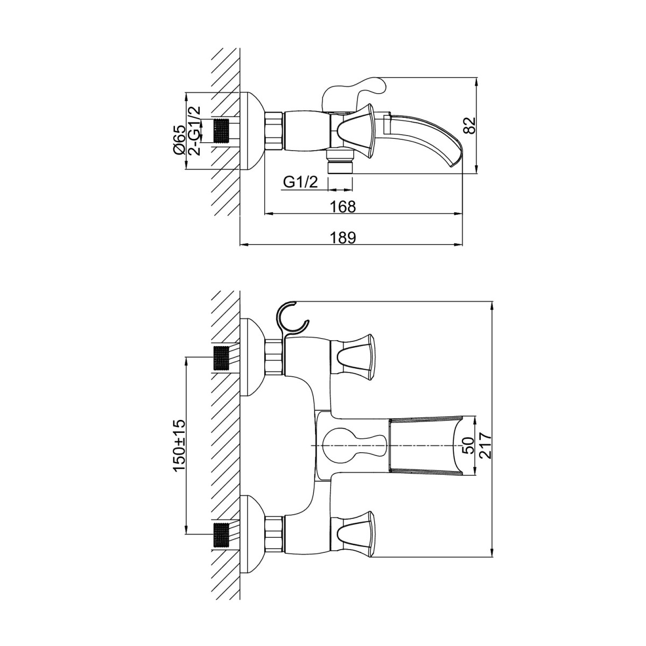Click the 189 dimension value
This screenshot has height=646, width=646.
coord(342,237)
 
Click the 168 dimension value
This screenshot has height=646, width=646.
coord(342,207)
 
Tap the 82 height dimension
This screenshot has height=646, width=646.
coord(471,125)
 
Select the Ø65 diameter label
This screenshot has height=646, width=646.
coord(179,140)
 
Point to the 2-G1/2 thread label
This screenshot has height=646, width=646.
coord(195,131)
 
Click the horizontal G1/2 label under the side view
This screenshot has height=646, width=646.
coord(300,182)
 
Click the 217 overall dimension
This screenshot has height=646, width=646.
coord(486,446)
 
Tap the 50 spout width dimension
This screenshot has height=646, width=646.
coord(469,446)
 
